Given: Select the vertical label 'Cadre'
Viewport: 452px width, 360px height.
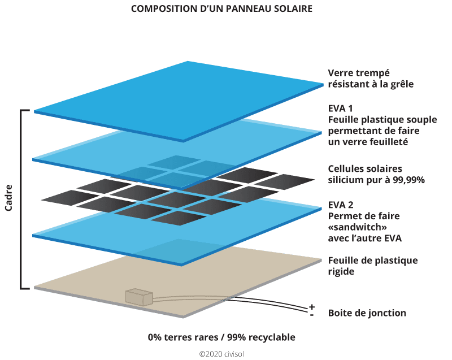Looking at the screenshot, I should pyautogui.click(x=10, y=197).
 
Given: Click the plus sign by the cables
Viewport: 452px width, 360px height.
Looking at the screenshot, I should pyautogui.click(x=311, y=306).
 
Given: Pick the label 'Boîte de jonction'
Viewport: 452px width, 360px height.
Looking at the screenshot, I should pyautogui.click(x=367, y=313).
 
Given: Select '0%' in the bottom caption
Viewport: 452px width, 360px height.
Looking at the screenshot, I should pyautogui.click(x=155, y=337).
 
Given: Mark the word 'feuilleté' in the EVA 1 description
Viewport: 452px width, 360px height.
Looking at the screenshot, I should pyautogui.click(x=389, y=141).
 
